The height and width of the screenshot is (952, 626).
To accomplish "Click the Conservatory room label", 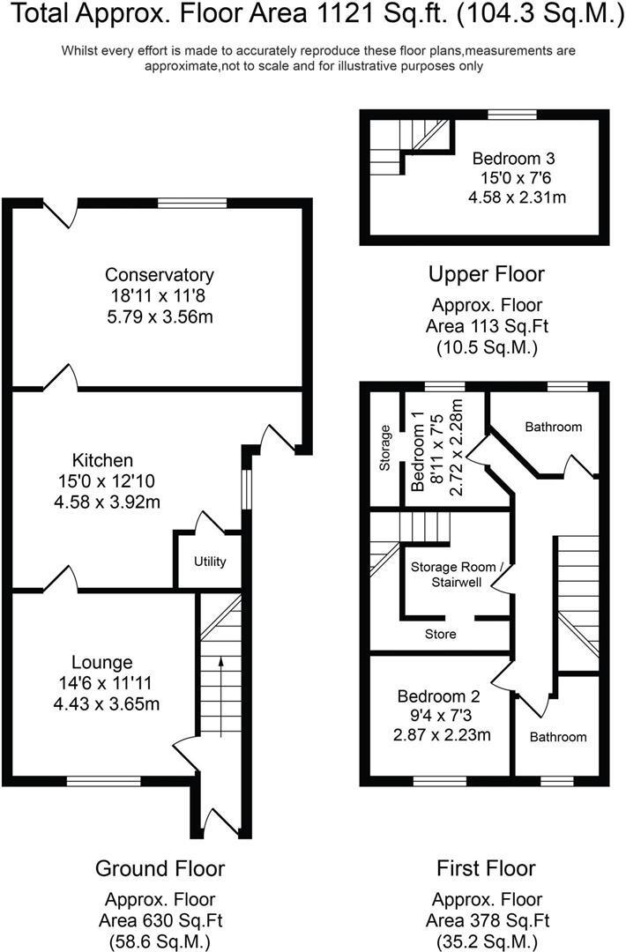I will [159, 274].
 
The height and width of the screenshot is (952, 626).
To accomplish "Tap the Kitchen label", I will [103, 460].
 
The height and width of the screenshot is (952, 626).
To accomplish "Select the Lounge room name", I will [103, 662].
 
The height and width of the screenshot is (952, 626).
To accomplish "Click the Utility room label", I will [210, 562].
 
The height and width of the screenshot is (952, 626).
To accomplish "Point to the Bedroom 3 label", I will [513, 159].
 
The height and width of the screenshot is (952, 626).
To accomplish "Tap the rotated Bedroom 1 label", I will [419, 450].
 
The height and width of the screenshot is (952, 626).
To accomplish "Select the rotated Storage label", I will [385, 449].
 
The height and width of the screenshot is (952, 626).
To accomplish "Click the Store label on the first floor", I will [440, 634].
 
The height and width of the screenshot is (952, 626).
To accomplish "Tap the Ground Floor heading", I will [160, 868].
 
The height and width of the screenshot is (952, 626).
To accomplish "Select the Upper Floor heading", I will [486, 273].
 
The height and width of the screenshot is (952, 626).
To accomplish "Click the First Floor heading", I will [486, 868].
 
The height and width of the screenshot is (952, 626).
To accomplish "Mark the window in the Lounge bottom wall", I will [103, 779].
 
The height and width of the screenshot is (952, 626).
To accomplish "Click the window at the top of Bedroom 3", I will [512, 114].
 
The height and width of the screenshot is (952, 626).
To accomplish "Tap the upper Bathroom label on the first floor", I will [553, 427].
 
